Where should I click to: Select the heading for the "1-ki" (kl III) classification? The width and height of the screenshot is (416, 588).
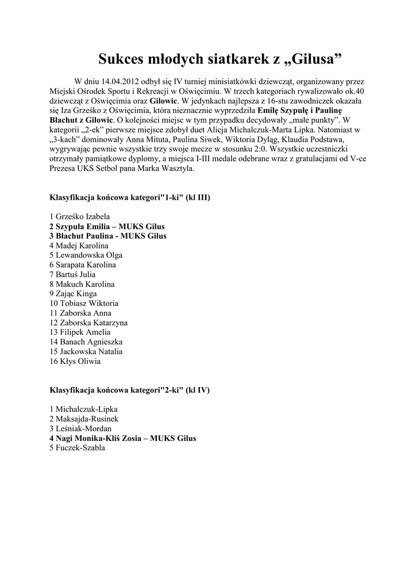130,198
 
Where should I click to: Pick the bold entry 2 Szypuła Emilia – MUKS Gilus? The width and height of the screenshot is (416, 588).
107,226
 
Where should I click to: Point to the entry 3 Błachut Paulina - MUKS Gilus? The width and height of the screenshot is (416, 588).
108,236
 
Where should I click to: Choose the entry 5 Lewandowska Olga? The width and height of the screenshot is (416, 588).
86,255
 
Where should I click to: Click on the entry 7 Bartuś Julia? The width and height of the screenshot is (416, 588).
72,274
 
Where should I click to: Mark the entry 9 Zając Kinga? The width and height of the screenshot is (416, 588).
73,293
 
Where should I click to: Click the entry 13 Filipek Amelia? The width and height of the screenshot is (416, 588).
80,332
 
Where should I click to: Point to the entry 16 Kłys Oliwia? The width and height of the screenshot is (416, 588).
75,361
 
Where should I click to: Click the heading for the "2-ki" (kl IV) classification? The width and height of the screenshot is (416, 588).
130,390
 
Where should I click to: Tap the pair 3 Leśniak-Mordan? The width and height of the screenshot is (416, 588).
80,429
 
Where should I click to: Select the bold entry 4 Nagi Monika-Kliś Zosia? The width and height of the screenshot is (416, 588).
122,438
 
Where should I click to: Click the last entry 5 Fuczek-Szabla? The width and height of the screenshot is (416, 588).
77,448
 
